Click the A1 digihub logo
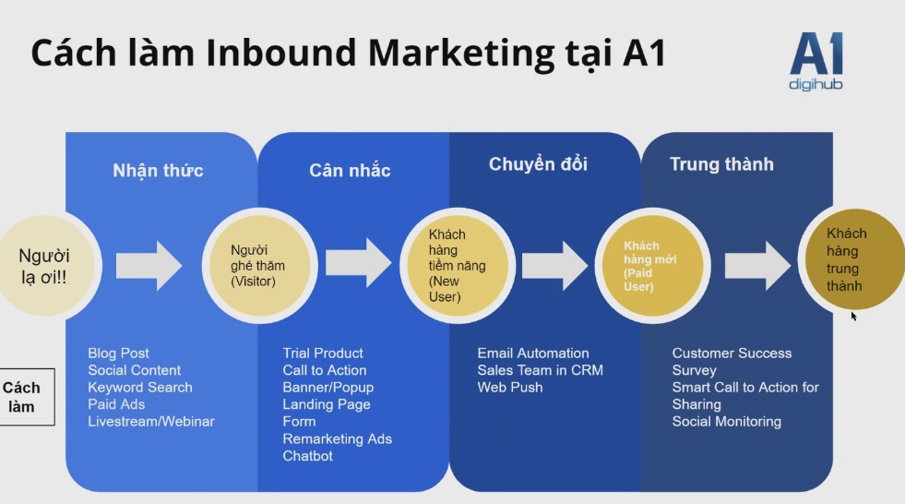tap(816, 61)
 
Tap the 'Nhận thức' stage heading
tap(158, 171)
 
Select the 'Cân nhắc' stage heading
tap(350, 171)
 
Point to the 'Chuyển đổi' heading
tap(538, 164)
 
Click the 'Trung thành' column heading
tap(721, 164)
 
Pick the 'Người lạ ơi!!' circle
tap(46, 266)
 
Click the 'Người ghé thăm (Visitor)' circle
tap(260, 266)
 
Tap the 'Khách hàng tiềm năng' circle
tap(458, 266)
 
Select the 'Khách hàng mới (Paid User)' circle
tap(653, 266)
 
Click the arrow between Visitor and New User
tap(359, 263)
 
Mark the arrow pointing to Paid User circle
tap(555, 266)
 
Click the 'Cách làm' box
tap(26, 397)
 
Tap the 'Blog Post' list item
tap(118, 354)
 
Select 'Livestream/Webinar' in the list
tap(151, 422)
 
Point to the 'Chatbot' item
tap(307, 456)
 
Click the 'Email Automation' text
tap(533, 354)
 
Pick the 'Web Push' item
tap(510, 388)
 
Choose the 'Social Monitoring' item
tap(727, 422)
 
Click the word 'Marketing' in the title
tap(460, 54)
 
